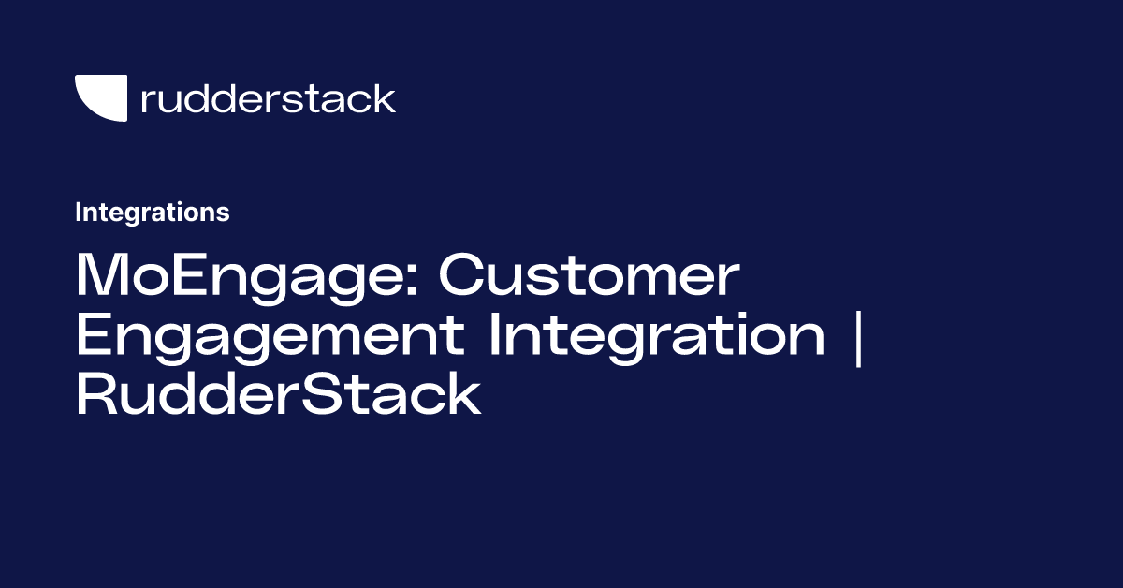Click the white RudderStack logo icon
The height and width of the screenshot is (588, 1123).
pyautogui.click(x=101, y=97)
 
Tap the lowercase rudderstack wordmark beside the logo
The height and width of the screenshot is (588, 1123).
pyautogui.click(x=268, y=98)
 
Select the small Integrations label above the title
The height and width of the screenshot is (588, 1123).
pyautogui.click(x=152, y=213)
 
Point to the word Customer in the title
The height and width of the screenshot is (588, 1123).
pyautogui.click(x=589, y=277)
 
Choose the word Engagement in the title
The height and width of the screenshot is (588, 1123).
pyautogui.click(x=272, y=338)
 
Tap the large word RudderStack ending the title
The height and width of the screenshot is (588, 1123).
pyautogui.click(x=278, y=394)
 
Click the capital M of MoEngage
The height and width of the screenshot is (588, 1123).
pyautogui.click(x=105, y=277)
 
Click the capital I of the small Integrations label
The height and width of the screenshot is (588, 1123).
pyautogui.click(x=79, y=213)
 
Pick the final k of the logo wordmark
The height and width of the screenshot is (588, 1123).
pyautogui.click(x=385, y=97)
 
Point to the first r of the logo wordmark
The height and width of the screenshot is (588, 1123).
pyautogui.click(x=146, y=101)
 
